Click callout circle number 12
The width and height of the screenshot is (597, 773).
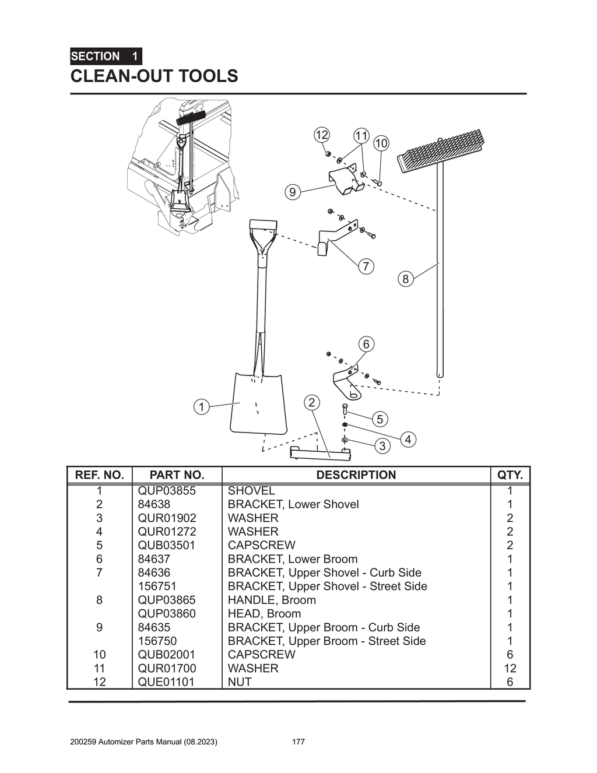321,135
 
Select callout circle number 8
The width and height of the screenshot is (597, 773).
406,279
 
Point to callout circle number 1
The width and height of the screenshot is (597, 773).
201,406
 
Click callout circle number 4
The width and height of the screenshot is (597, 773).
408,439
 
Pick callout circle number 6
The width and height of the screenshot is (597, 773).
366,344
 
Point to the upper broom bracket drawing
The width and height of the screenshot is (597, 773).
346,178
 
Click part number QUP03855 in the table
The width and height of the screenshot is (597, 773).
167,490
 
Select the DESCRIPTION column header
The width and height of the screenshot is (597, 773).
356,475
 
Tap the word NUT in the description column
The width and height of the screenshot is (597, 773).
240,681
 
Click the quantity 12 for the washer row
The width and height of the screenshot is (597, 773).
510,668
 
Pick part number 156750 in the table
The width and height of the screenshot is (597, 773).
157,641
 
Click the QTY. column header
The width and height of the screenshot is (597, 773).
510,475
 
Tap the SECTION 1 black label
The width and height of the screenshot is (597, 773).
106,57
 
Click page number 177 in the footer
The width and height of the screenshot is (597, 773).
298,742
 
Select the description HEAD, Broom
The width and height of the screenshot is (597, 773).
264,613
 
